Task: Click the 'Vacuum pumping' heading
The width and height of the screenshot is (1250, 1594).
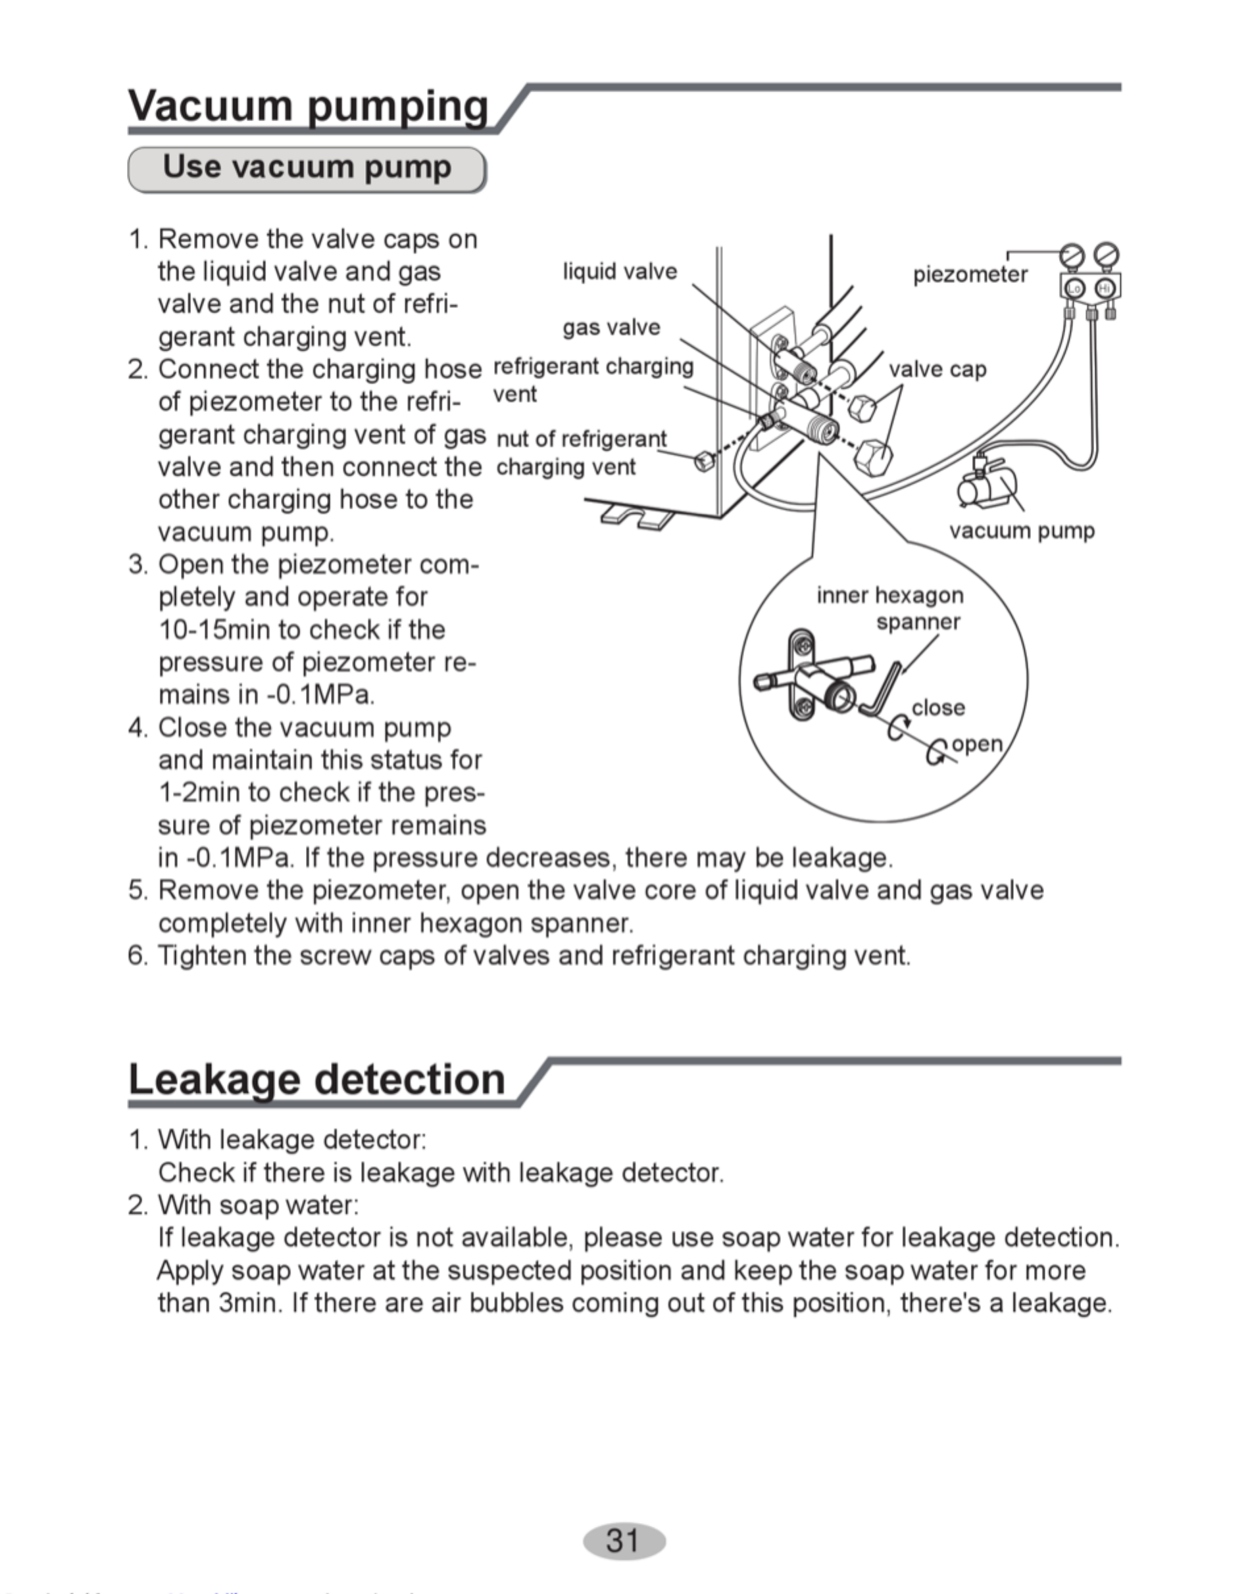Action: (x=308, y=105)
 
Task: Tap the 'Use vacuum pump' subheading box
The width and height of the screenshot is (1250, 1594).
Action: (x=307, y=170)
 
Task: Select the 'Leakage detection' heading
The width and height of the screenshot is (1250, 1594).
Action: (x=317, y=1079)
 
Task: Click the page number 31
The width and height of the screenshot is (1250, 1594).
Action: (x=624, y=1540)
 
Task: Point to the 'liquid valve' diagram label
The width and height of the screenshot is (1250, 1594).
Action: (x=620, y=272)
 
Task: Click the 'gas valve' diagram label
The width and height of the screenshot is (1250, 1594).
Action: (x=611, y=327)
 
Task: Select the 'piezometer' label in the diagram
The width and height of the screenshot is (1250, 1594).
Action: (x=970, y=275)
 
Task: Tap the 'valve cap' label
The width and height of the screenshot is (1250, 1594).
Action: (x=938, y=370)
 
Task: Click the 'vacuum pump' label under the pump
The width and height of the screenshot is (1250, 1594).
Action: (x=1022, y=531)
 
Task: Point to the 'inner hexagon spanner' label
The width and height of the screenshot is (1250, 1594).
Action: (x=890, y=609)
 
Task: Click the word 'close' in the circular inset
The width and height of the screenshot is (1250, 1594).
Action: (x=938, y=708)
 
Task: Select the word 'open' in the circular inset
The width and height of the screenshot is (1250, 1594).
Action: (x=977, y=744)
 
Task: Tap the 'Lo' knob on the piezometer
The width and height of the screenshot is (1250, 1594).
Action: (x=1074, y=289)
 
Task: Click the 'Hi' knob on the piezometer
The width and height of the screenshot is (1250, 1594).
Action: (x=1105, y=289)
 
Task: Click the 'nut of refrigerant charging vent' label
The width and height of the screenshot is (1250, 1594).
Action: (x=582, y=453)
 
